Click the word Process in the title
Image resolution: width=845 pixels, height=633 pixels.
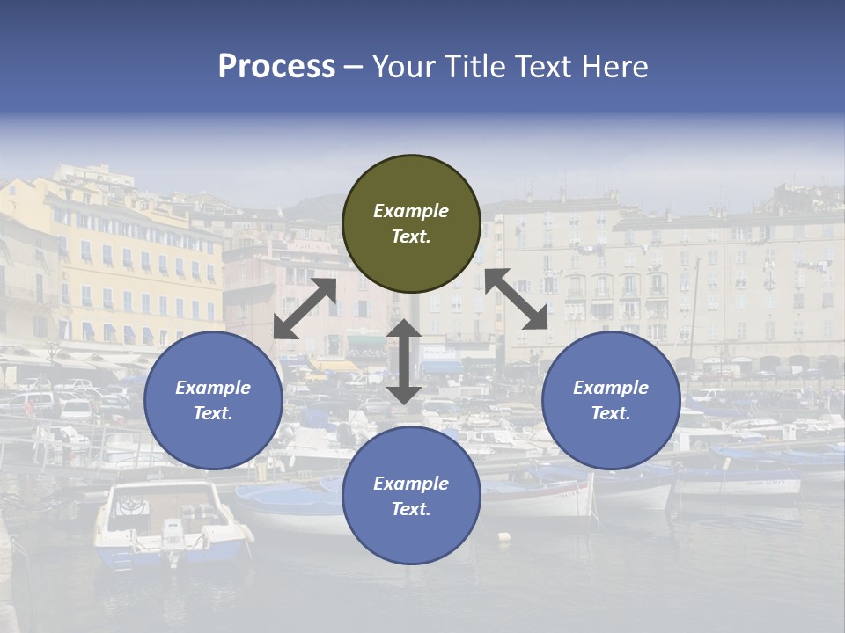[x=276, y=67]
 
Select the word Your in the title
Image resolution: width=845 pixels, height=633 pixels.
[x=402, y=67]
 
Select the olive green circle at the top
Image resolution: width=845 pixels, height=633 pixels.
[x=411, y=185]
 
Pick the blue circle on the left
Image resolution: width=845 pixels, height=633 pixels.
[x=213, y=431]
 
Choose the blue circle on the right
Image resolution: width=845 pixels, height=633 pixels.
[x=611, y=431]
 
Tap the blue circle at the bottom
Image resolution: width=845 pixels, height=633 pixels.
[x=411, y=527]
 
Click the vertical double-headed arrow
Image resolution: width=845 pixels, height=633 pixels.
[x=404, y=361]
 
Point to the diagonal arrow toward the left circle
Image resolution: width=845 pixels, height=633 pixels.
[x=305, y=309]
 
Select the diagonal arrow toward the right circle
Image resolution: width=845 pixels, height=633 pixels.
[x=516, y=299]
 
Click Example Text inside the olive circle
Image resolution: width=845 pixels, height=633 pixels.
[x=411, y=223]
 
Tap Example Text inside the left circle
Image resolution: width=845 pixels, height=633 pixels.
[x=213, y=400]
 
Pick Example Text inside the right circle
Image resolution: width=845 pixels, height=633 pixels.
[x=611, y=400]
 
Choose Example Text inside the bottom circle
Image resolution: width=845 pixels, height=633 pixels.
[x=411, y=496]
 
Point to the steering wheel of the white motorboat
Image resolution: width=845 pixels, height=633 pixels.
[x=132, y=506]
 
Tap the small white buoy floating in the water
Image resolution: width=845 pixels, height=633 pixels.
[x=503, y=535]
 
